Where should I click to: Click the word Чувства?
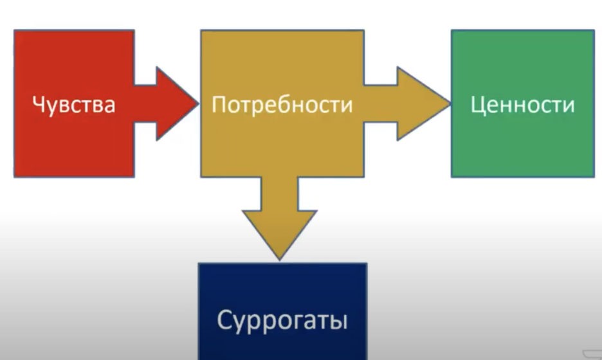74,104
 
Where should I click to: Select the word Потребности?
282,104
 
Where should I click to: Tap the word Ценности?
522,104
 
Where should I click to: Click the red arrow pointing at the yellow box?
166,104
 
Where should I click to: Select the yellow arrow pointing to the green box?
407,104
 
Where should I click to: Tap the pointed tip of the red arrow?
199,104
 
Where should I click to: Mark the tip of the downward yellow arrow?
280,260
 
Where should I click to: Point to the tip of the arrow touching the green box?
450,104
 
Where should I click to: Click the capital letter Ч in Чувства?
39,104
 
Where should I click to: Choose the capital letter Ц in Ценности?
478,105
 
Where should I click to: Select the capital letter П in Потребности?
219,104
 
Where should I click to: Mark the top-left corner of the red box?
14,30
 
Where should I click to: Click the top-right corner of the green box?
594,30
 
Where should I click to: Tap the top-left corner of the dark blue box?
199,264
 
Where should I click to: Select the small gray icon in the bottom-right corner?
593,354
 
